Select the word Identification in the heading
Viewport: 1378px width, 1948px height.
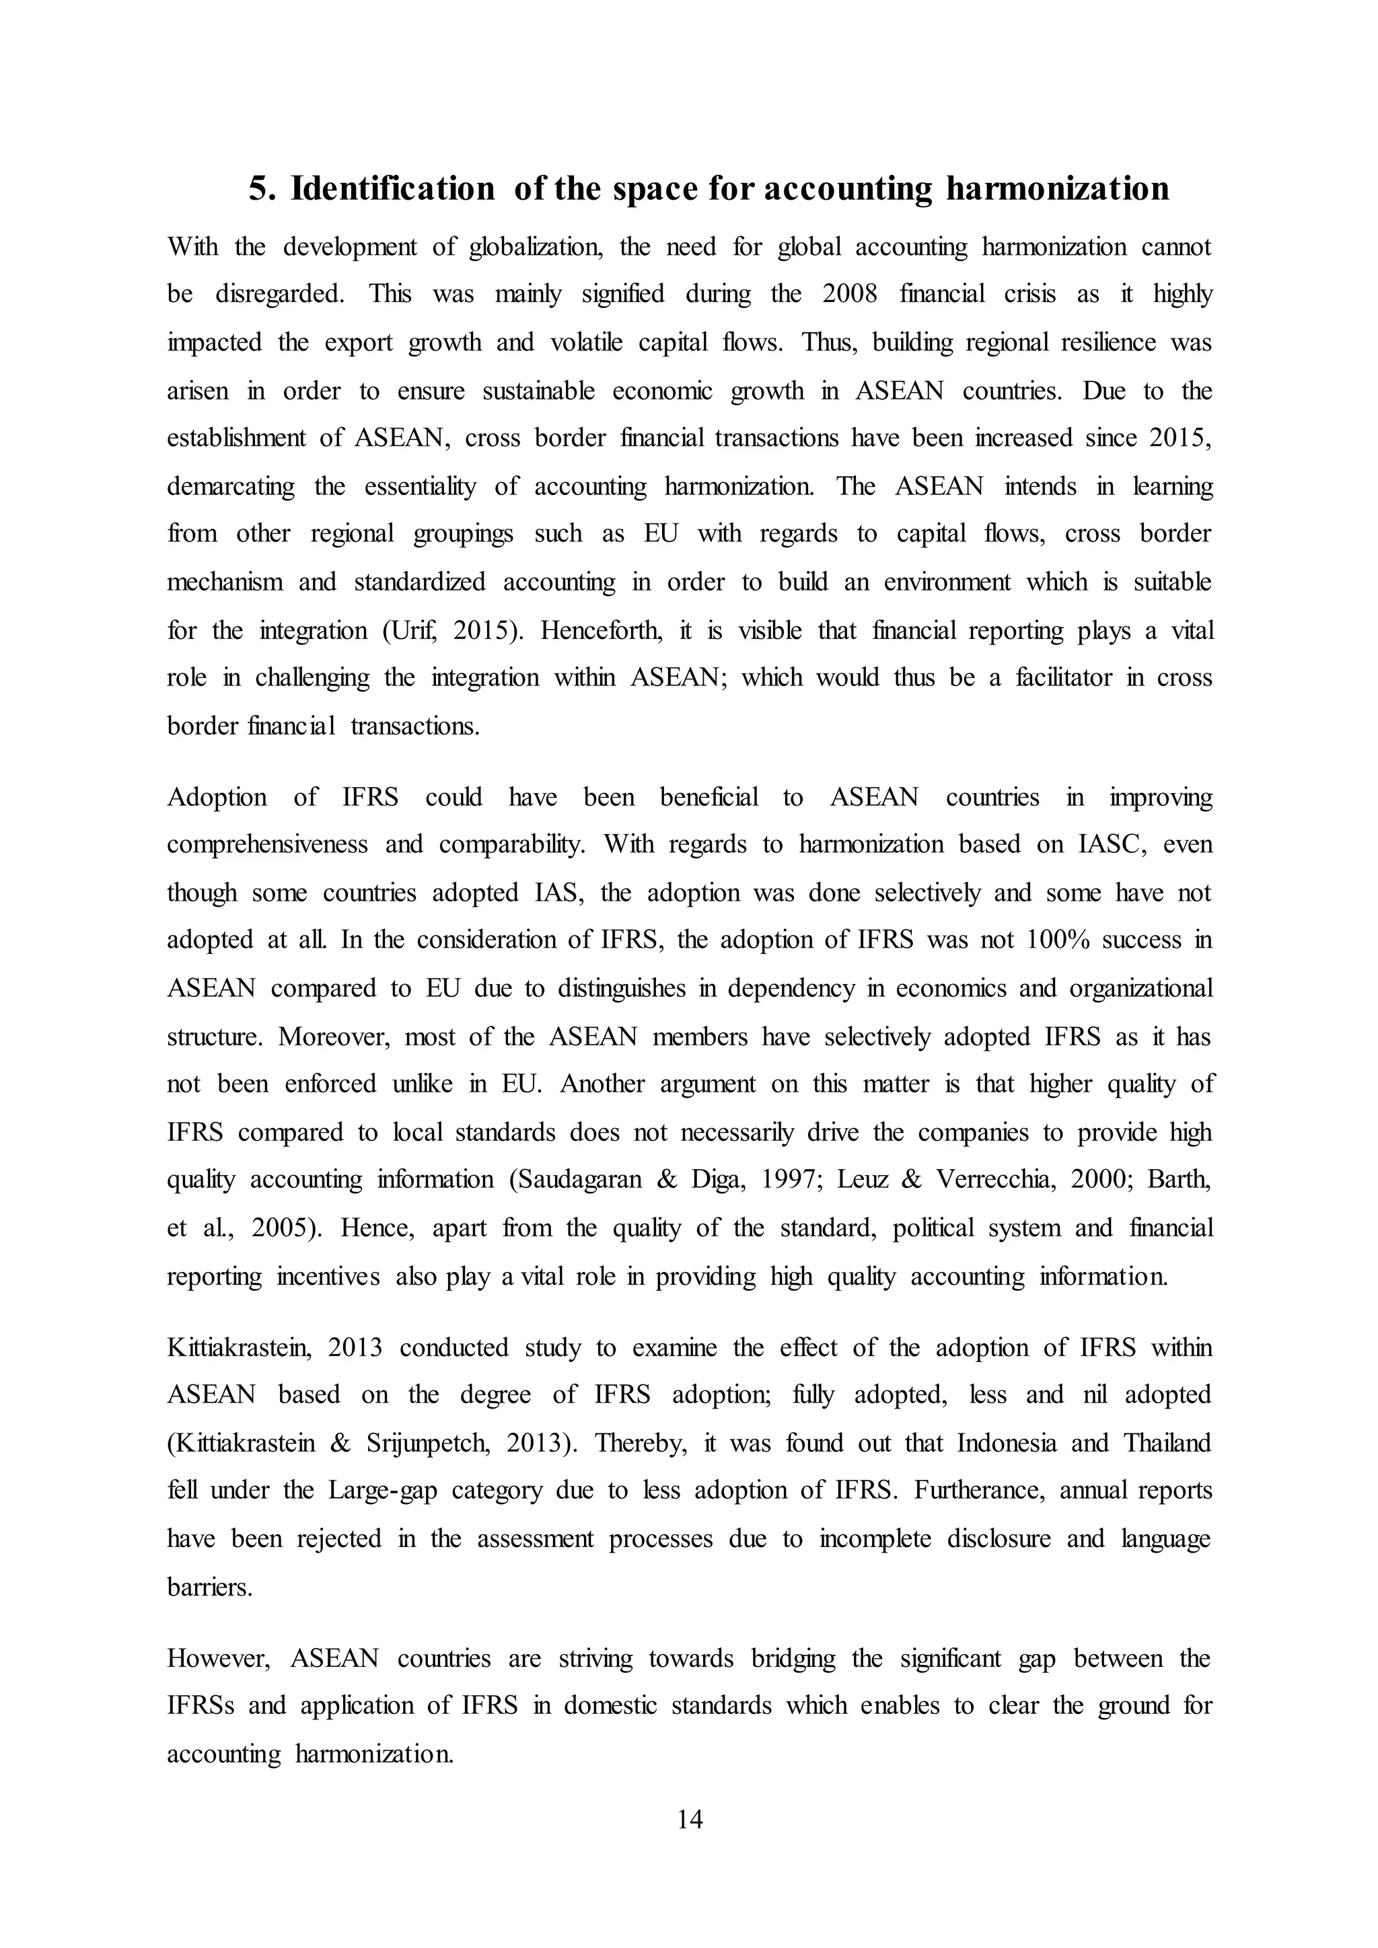(x=393, y=188)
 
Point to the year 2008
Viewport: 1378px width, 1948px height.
(x=849, y=295)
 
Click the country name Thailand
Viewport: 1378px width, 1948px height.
(x=1167, y=1444)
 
